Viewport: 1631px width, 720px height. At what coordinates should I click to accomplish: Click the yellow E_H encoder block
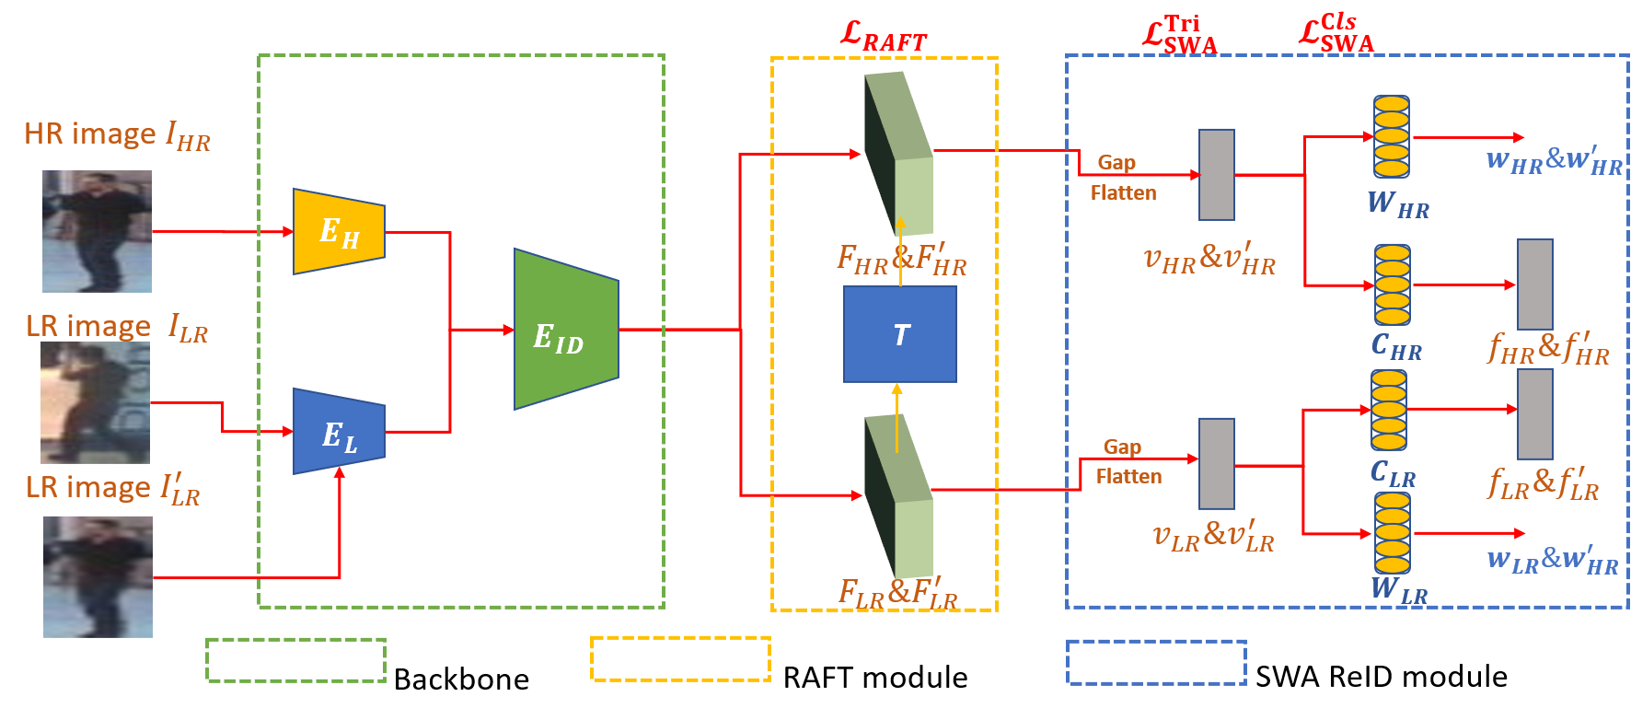coord(339,231)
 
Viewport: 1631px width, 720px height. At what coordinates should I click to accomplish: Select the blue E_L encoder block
coord(339,432)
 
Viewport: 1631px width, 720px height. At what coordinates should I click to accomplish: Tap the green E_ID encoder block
coord(565,330)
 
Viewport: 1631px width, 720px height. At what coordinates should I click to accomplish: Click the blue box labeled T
coord(899,334)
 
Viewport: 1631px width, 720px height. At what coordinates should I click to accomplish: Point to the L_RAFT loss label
coord(884,37)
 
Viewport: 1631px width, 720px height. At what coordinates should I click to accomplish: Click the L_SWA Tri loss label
coord(1180,35)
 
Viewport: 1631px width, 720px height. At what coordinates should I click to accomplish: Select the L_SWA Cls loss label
coord(1336,34)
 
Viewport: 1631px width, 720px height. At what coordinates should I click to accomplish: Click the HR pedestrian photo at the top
coord(97,231)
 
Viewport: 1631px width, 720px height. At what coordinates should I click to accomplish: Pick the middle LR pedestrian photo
coord(95,402)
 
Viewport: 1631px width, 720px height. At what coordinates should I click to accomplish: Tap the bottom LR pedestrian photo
coord(98,576)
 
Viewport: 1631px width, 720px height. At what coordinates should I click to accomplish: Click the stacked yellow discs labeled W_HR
coord(1391,136)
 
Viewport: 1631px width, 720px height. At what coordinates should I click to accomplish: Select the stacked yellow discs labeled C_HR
coord(1392,285)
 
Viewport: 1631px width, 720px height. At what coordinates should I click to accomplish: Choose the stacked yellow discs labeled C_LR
coord(1388,410)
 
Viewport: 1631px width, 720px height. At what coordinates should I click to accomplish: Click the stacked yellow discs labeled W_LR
coord(1392,532)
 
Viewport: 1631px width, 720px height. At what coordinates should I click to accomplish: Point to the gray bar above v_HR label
coord(1216,174)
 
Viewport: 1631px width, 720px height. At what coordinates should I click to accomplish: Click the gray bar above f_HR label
coord(1534,284)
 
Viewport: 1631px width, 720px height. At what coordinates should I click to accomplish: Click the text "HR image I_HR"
coord(117,135)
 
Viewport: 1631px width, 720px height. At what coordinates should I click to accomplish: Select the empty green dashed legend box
coord(295,659)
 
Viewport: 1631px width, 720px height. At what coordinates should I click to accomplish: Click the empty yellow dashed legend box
coord(680,658)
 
